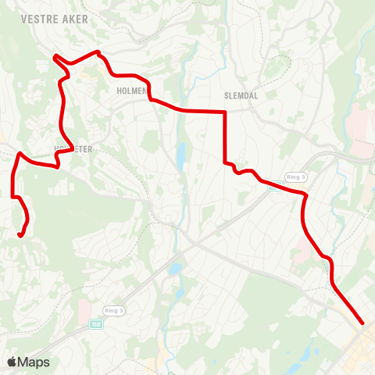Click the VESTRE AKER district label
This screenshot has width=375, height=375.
coord(55,16)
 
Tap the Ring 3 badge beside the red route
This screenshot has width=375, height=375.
coord(294,177)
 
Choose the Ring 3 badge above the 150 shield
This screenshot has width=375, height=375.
coord(113,311)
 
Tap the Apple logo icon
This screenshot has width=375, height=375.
coord(12,362)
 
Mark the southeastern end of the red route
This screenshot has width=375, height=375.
coord(362,322)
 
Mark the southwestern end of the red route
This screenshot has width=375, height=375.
coord(20,234)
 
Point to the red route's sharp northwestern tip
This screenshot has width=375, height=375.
coord(54,55)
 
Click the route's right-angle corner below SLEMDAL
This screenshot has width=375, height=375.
coord(225,112)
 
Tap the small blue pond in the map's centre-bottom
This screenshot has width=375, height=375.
coord(174,269)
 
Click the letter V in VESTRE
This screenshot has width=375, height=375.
coord(24,16)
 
